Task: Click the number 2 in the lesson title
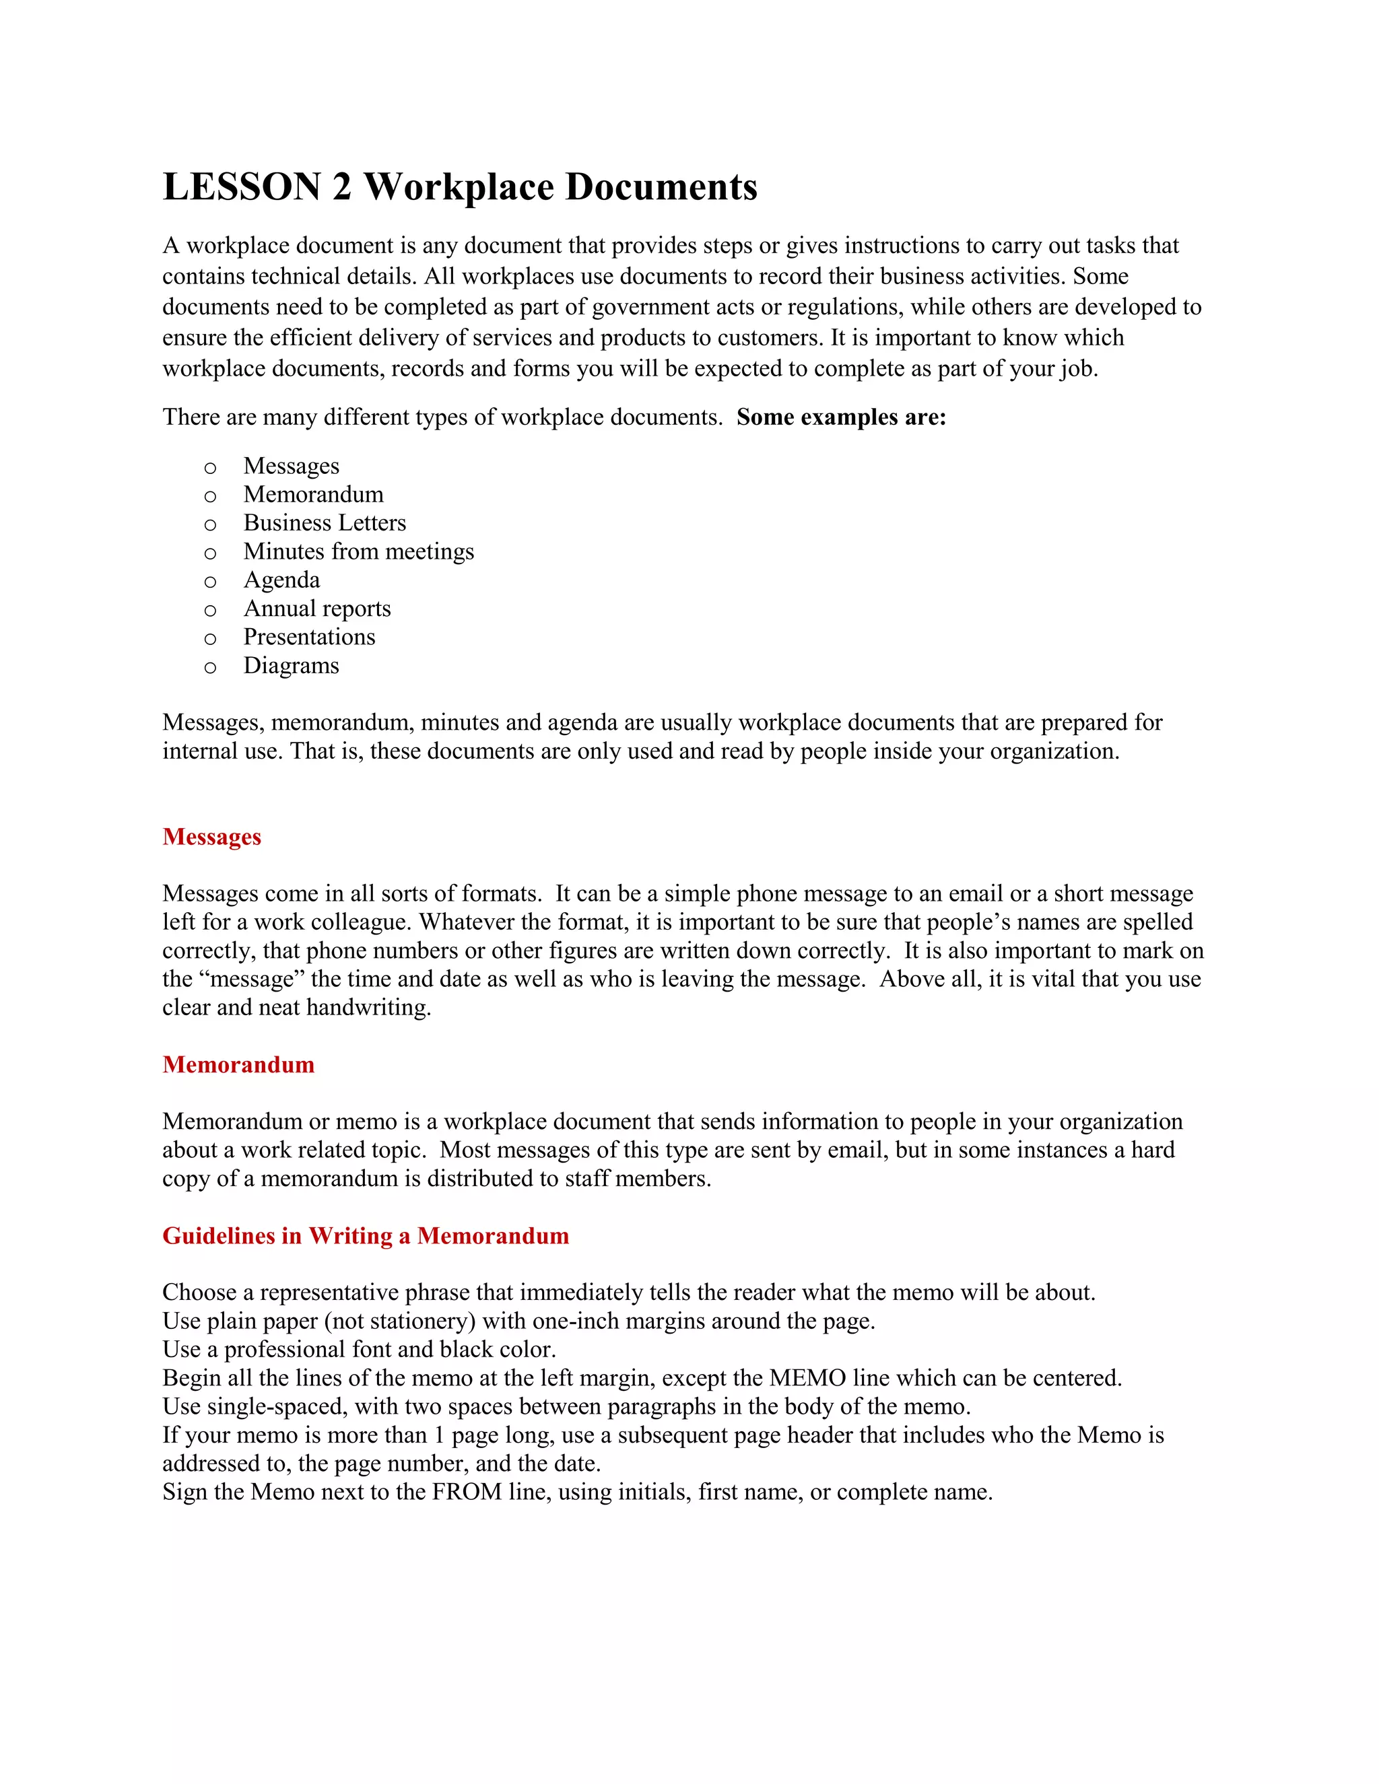coord(341,187)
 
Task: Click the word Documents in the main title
coord(661,187)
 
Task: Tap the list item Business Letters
coord(325,523)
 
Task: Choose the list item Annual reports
coord(317,609)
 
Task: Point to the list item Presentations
coord(309,637)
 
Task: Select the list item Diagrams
coord(291,666)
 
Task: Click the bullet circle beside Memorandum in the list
coord(210,497)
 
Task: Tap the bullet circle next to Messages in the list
coord(210,468)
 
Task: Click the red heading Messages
coord(211,837)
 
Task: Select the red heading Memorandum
coord(238,1065)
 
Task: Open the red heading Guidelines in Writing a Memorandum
coord(365,1236)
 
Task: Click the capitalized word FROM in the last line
coord(467,1493)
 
